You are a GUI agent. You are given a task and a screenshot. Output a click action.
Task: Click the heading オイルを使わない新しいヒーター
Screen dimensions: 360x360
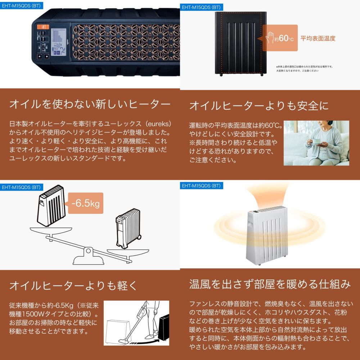pos(90,104)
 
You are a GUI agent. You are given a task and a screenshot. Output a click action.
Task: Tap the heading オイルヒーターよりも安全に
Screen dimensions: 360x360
pos(259,105)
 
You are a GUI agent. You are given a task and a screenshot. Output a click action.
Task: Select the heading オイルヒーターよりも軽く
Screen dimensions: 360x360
pos(73,286)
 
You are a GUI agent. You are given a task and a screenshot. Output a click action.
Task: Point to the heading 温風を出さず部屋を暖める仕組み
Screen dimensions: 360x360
pos(270,284)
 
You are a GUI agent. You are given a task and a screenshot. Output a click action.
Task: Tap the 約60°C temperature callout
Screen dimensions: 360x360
pos(280,38)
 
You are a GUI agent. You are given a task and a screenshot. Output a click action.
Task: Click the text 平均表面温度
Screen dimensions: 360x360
pos(318,38)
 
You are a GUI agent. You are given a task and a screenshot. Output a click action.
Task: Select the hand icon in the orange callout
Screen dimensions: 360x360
pos(269,37)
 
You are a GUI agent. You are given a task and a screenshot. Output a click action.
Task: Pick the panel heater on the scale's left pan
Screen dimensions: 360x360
pos(51,207)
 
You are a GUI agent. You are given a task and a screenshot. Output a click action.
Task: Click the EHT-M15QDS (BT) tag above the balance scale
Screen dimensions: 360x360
pos(21,187)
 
